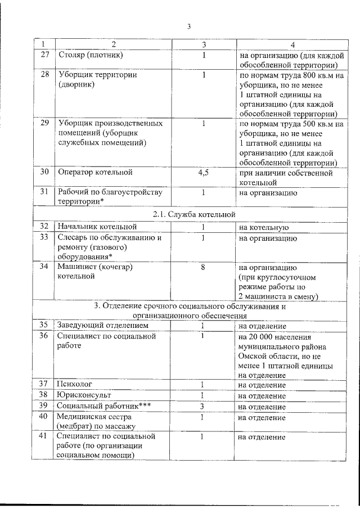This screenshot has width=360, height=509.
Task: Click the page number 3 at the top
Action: (189, 26)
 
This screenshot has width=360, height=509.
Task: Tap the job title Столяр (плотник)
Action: (91, 55)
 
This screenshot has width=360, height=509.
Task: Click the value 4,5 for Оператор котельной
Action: (204, 173)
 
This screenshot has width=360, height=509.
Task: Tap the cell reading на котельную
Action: (264, 228)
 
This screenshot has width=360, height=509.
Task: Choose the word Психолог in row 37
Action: (74, 385)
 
